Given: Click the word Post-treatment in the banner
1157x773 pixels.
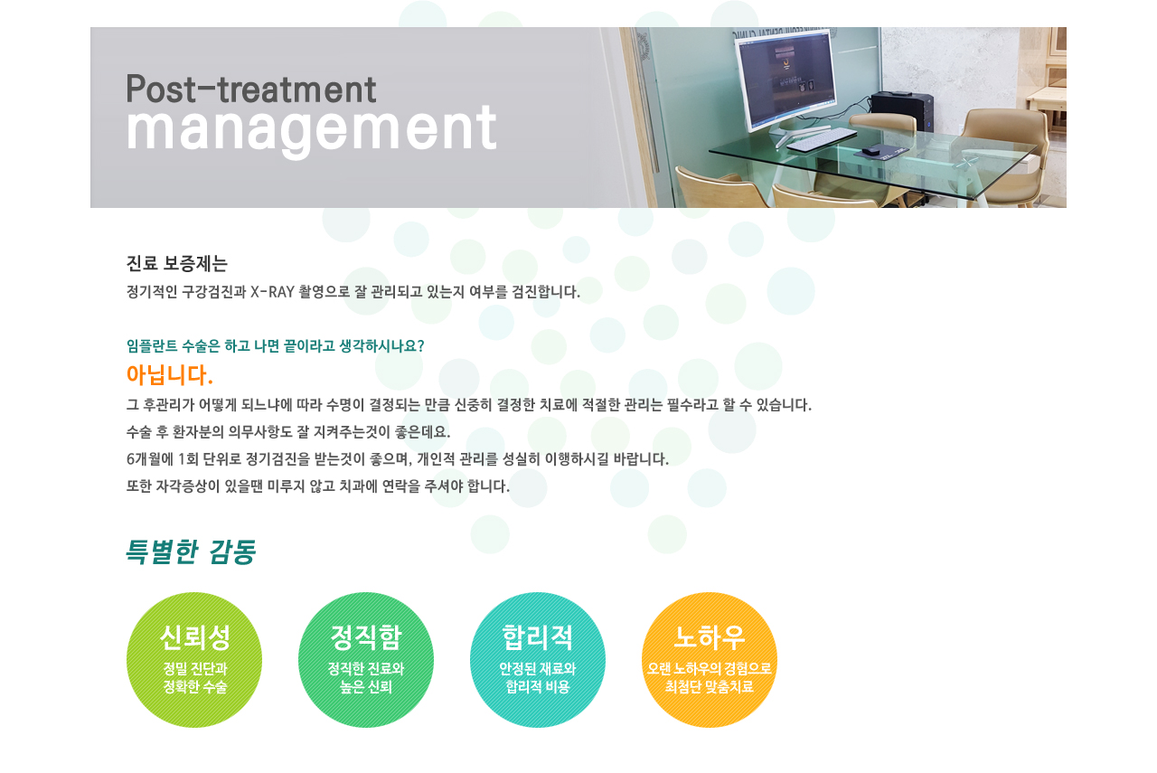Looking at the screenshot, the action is pos(251,89).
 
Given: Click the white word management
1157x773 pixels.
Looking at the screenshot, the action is pos(312,130).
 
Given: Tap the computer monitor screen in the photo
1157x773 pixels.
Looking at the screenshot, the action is pos(786,80).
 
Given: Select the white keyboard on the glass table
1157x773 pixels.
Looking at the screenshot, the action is pos(822,140).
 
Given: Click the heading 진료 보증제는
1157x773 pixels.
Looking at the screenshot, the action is pos(176,263).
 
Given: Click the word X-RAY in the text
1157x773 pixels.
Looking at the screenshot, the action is pos(272,292).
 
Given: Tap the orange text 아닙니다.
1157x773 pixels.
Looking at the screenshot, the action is pos(169,374).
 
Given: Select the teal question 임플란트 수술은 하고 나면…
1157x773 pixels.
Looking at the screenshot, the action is pos(276,345).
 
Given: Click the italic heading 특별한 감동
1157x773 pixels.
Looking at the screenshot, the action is pos(191,551).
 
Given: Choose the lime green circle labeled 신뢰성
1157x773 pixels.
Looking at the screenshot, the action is pos(194,660).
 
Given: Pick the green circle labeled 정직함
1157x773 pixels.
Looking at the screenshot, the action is pos(366,660).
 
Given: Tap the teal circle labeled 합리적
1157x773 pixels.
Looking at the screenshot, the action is pos(538,660).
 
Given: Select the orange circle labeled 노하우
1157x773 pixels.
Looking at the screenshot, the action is pos(710,660).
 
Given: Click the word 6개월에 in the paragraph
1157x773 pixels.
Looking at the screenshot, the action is pos(150,459).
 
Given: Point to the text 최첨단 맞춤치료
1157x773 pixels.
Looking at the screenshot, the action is pos(710,687).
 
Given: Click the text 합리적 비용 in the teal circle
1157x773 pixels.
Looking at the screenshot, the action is pos(538,687).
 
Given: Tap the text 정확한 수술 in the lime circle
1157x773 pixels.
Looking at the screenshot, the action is pos(194,687).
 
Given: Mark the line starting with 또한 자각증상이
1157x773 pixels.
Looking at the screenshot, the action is pos(317,486).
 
